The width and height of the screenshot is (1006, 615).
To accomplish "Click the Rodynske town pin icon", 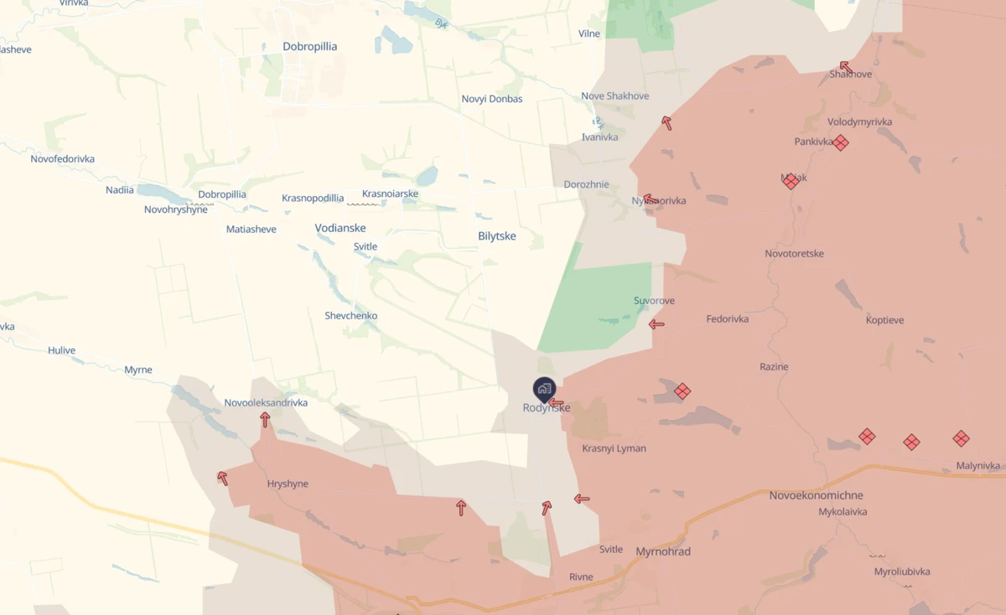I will (544, 389).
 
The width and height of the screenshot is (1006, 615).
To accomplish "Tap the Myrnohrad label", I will (663, 551).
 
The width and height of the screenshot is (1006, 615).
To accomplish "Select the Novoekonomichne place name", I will (816, 495).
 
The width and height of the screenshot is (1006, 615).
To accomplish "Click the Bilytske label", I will (497, 236).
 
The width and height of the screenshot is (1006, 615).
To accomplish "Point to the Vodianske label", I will (340, 228).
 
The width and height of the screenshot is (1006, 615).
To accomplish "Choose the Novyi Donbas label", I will (492, 99).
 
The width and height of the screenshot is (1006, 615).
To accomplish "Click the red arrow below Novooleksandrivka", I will (265, 419).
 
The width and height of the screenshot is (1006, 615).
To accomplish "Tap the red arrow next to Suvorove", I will (656, 324).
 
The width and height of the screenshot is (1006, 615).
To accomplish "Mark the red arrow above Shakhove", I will (845, 66).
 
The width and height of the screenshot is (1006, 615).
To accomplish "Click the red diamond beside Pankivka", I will (841, 143).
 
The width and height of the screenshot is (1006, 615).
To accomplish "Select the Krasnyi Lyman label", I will (614, 448).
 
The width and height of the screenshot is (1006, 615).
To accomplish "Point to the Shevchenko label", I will (351, 316).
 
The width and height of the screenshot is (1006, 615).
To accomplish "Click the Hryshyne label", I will (288, 483).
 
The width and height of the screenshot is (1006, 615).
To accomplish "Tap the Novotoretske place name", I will (794, 253).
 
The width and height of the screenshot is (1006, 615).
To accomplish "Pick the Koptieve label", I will (884, 320).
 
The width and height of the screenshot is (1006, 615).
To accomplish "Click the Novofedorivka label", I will (63, 159).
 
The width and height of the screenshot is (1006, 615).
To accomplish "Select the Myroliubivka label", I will (902, 571).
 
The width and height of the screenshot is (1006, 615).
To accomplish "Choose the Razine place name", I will (774, 367).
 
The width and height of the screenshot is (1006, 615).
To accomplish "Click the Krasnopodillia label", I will (313, 199).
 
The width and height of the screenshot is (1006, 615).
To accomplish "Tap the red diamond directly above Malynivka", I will (961, 438).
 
